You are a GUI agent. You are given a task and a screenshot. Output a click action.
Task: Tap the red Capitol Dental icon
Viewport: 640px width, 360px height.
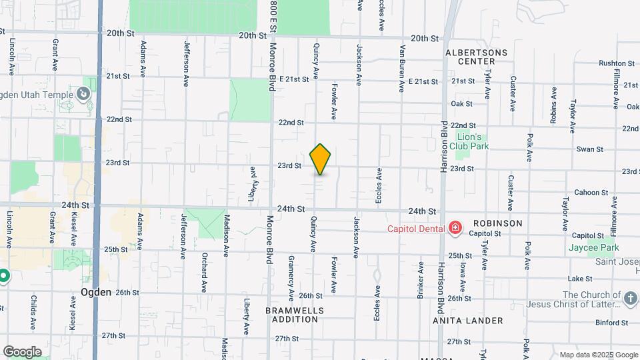pos(456,229)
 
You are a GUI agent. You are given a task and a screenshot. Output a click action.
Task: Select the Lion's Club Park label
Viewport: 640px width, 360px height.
pos(474,141)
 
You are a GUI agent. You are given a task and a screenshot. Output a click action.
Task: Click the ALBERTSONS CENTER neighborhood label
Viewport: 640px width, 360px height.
pos(476,57)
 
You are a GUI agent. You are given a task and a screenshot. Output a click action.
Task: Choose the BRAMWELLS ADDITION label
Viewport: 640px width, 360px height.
pos(294,315)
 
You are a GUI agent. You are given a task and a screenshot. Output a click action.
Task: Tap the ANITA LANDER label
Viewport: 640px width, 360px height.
pos(467,321)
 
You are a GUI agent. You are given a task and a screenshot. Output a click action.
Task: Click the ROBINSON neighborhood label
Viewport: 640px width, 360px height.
pos(497,223)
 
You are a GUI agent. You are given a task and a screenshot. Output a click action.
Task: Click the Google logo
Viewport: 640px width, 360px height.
pos(22,352)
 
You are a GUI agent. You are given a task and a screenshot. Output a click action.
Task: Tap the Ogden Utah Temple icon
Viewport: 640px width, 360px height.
pos(84,94)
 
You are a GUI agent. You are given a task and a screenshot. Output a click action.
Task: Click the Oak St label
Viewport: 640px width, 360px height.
pos(461,104)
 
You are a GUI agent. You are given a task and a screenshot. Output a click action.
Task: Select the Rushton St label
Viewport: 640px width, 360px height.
pos(611,63)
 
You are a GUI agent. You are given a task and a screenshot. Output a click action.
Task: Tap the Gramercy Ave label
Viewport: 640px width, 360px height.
pos(291,277)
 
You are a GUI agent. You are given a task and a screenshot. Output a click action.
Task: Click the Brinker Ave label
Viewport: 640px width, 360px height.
pos(421,279)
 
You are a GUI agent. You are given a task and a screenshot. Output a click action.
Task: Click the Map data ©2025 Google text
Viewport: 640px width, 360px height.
pos(598,355)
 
